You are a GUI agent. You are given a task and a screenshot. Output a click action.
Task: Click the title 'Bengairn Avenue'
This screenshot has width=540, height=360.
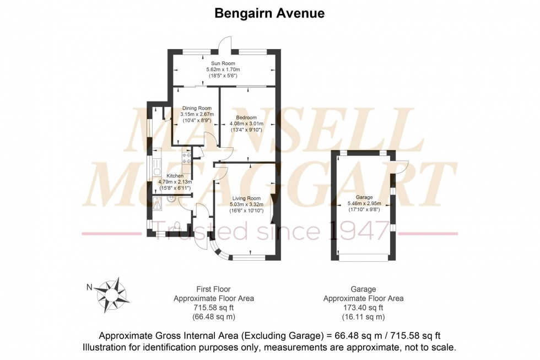(x=269, y=13)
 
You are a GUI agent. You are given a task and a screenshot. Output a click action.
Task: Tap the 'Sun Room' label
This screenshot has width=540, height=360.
(x=223, y=63)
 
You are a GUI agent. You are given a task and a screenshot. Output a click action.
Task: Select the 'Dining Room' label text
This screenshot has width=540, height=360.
(x=197, y=108)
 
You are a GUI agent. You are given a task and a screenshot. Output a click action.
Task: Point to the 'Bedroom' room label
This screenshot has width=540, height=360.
(x=246, y=117)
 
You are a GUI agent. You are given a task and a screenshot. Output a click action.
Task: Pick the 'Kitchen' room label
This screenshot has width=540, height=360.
(x=175, y=176)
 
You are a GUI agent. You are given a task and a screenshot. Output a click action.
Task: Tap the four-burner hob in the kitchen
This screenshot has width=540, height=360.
(x=186, y=158)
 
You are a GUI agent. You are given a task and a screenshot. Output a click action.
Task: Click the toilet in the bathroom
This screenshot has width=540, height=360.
(x=176, y=224)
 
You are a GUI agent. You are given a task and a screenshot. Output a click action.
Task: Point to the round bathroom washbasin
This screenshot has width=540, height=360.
(x=172, y=199)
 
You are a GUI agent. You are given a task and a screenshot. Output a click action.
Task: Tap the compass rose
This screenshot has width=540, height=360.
(x=114, y=293)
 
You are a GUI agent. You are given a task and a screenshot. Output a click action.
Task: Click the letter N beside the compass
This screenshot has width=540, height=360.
(x=89, y=287)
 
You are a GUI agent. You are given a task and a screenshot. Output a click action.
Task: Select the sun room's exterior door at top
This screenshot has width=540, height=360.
(x=224, y=44)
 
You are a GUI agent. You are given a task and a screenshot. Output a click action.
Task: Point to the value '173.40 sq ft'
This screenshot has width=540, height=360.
(x=363, y=308)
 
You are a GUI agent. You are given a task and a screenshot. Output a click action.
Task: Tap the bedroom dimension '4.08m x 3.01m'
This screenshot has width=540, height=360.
(x=246, y=124)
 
